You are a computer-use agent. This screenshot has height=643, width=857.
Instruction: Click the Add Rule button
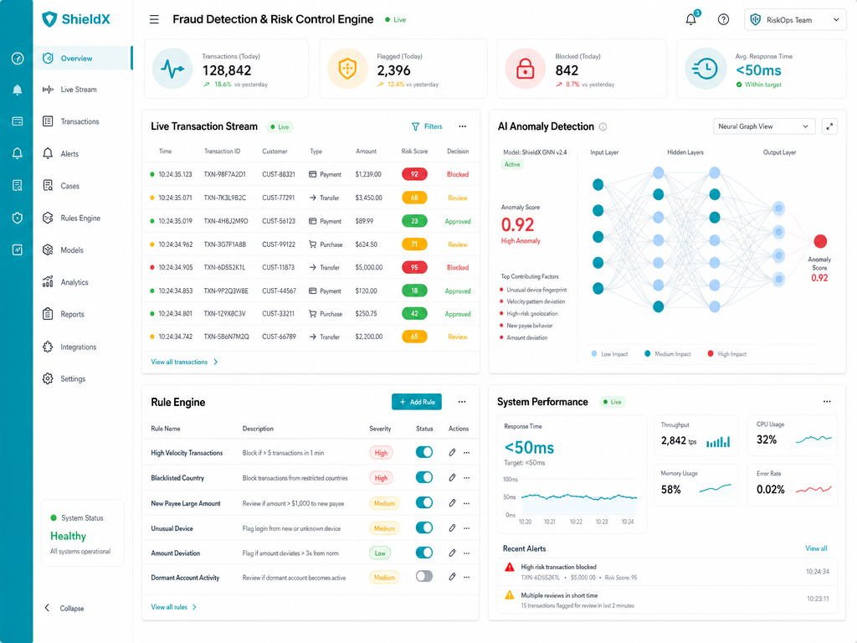click(417, 402)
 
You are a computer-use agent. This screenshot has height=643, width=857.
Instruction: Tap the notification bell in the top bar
click(690, 20)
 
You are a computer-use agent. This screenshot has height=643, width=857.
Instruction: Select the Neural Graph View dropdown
click(763, 126)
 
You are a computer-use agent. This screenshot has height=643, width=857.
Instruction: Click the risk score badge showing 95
click(414, 267)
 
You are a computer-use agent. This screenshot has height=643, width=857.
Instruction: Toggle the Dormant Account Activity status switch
click(424, 576)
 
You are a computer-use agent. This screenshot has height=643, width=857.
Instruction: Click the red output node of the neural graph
click(820, 241)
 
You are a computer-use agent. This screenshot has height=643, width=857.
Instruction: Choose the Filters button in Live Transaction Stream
click(427, 126)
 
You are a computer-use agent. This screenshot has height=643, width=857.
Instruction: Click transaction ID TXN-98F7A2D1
click(224, 174)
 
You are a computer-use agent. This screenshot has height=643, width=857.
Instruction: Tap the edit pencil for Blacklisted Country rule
click(452, 477)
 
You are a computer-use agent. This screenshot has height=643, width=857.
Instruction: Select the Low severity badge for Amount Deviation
click(381, 553)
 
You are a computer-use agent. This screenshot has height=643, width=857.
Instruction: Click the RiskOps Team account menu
click(795, 20)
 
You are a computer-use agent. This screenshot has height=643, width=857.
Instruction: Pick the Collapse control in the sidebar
click(64, 608)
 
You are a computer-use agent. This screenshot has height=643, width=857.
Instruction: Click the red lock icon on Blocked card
click(526, 69)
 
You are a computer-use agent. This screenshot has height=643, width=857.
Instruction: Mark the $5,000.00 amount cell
click(369, 267)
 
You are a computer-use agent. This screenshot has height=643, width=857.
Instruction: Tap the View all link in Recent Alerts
click(816, 548)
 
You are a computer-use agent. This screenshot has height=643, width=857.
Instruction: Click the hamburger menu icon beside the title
click(154, 20)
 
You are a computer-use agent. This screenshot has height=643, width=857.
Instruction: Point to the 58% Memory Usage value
click(670, 489)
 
